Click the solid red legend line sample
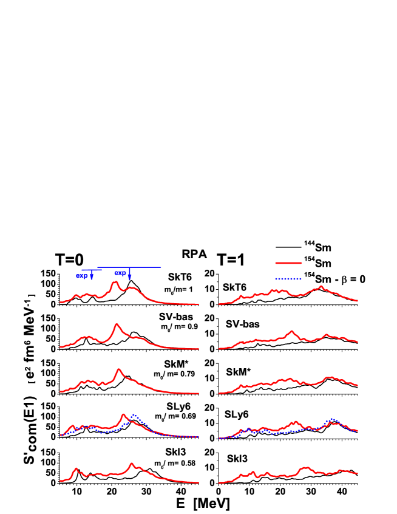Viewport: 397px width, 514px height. (288, 263)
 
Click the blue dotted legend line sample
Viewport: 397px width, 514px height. (288, 279)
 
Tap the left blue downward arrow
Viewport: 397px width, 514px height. (92, 276)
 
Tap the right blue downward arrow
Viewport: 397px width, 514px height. (130, 275)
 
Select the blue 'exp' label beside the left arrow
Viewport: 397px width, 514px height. (82, 276)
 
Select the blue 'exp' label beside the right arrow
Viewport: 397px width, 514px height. (120, 273)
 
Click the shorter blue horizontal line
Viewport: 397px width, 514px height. (92, 270)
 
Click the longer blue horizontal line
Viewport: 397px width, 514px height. (129, 267)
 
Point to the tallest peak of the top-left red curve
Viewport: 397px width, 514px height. (115, 282)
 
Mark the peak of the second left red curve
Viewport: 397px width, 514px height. (117, 324)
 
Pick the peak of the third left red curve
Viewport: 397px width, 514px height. (119, 369)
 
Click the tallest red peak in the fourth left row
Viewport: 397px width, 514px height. (124, 415)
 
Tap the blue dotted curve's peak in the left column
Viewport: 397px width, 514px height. (134, 415)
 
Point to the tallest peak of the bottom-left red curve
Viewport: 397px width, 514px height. (132, 464)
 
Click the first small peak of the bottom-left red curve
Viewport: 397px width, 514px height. (76, 468)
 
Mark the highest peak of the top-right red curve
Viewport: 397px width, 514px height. (321, 286)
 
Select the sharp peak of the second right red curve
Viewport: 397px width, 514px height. (292, 331)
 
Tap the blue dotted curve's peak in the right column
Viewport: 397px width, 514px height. (331, 419)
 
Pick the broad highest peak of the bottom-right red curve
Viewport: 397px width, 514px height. (305, 468)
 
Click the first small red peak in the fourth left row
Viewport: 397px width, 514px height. (73, 426)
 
